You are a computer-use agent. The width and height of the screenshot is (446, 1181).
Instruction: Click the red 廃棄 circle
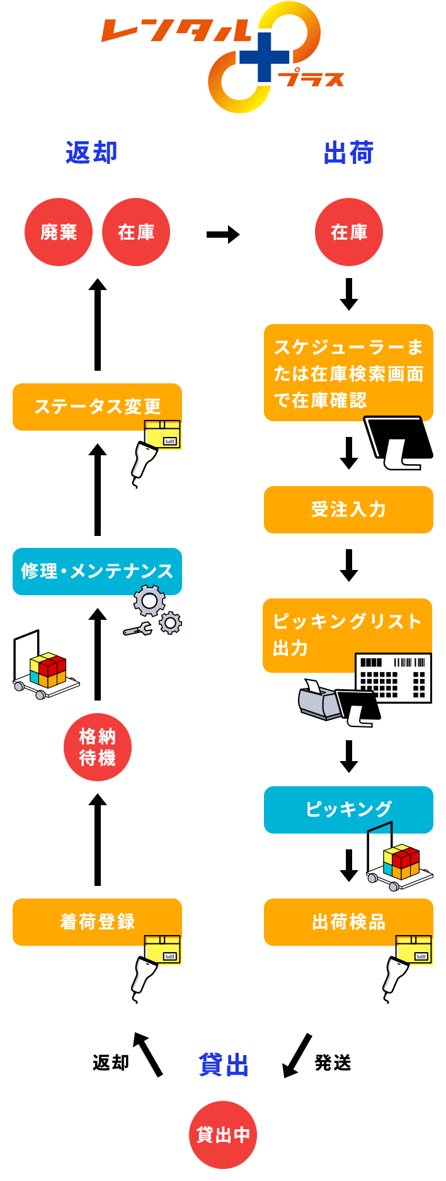coord(59,232)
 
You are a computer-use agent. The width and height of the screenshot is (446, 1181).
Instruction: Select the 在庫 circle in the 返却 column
coord(136,232)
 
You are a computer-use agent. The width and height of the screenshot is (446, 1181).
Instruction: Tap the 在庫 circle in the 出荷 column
coord(349,232)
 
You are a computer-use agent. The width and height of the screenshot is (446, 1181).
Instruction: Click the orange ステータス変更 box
coord(97,407)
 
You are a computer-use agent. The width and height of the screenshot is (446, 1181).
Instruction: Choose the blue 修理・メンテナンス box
coord(97,571)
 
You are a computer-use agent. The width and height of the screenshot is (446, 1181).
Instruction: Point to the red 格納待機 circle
coord(98,747)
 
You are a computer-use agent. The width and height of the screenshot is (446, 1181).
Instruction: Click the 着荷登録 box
coord(97,922)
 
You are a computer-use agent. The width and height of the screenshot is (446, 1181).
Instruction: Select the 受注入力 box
coord(348,509)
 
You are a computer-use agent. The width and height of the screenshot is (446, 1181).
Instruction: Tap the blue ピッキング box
coord(348,810)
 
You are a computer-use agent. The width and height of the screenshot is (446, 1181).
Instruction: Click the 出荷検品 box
coord(348,922)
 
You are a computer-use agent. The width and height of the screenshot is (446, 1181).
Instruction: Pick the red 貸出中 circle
coord(223,1135)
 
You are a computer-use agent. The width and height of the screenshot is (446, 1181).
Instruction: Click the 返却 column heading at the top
coord(92,152)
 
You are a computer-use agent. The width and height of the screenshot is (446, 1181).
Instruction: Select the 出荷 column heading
coord(349,152)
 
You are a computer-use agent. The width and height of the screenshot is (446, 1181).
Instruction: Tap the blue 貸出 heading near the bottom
coord(224,1064)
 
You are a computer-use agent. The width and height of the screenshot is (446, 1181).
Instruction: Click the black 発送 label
coord(333,1062)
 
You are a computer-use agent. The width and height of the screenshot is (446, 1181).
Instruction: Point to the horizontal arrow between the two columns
coord(223,235)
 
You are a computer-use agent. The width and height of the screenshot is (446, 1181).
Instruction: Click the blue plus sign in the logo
coord(265,57)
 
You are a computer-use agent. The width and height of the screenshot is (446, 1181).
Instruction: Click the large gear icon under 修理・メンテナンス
coord(149,601)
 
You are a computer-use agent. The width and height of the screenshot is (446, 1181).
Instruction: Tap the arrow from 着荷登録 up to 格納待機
coord(98,839)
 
